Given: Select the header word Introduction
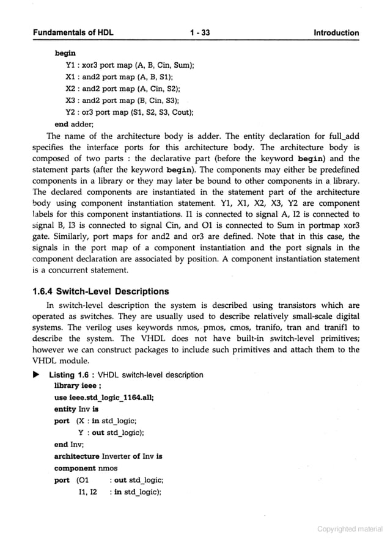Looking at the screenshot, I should pos(336,33).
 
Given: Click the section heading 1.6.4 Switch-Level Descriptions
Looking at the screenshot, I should pos(100,291).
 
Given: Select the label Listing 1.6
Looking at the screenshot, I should pos(70,374).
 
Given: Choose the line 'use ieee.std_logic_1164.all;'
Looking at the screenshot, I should pos(104,398).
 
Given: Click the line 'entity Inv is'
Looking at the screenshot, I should pos(76,409).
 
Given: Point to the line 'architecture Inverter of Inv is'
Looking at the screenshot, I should pos(108,456).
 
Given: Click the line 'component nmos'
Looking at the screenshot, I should pos(86,468).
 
